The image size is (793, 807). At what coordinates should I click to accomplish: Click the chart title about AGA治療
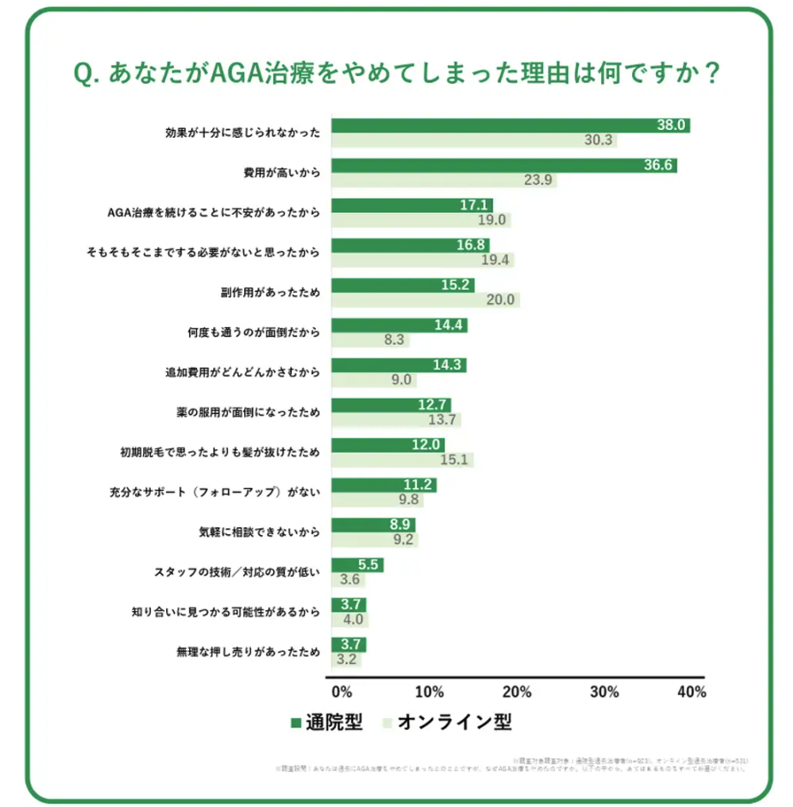[396, 74]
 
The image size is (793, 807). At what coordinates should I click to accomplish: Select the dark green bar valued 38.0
[510, 125]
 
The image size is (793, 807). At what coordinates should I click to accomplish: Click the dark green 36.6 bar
[504, 165]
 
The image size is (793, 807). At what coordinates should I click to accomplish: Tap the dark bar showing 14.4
[399, 325]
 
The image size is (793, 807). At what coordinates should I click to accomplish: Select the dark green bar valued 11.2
[384, 485]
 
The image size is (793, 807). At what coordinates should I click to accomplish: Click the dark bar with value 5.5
[357, 565]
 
